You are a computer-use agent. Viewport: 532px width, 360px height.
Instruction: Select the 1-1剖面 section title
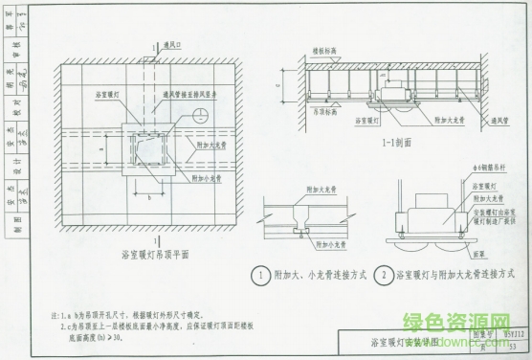(369, 144)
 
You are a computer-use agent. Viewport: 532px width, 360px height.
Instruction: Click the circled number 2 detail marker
(383, 277)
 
